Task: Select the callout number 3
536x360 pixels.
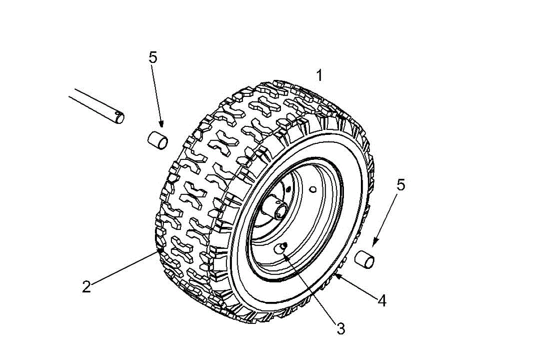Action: [341, 330]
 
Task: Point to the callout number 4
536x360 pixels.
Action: [381, 300]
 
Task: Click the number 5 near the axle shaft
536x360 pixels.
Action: [153, 58]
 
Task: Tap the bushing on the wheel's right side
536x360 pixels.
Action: [364, 260]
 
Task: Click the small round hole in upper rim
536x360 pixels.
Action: [314, 189]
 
